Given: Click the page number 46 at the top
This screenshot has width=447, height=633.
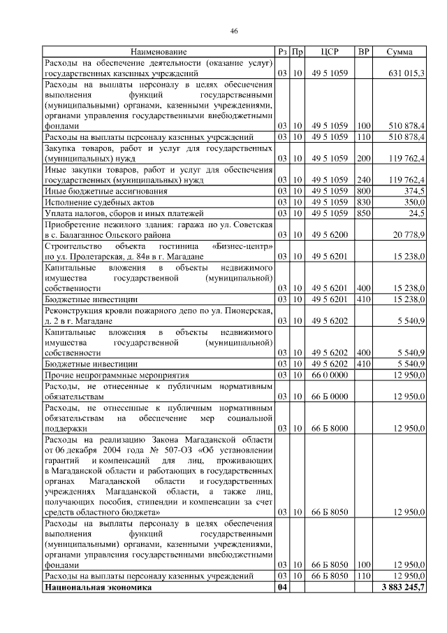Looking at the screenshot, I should [234, 31].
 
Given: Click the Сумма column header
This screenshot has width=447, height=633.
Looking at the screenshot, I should [399, 52].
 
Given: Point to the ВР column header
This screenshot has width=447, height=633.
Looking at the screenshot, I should [363, 52].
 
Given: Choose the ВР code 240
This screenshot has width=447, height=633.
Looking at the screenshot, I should [363, 180].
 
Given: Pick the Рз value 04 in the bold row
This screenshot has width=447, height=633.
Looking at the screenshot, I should [282, 587].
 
